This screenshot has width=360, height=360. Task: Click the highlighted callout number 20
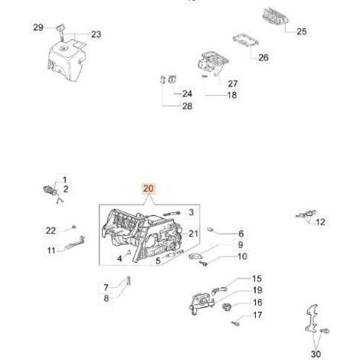[149, 188]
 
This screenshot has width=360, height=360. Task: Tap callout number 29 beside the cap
[38, 28]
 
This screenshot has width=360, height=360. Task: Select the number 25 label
[302, 31]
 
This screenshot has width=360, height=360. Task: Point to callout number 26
[263, 57]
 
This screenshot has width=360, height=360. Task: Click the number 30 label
[316, 354]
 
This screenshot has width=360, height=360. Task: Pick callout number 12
[320, 222]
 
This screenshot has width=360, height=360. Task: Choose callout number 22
[51, 231]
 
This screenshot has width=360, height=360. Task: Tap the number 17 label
[257, 315]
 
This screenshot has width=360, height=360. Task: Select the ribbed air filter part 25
[275, 16]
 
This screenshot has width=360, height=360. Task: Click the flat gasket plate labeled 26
[246, 40]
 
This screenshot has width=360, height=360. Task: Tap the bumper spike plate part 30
[312, 319]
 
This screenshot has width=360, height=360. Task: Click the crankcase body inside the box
[142, 236]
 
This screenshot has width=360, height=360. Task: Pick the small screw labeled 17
[235, 323]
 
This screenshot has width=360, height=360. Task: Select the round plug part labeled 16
[227, 306]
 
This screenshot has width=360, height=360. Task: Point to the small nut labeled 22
[74, 227]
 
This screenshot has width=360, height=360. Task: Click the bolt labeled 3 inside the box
[171, 214]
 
